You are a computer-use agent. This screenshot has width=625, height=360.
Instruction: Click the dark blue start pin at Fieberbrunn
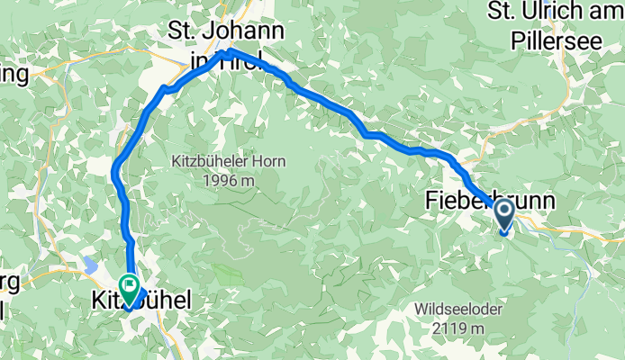coord(503,215)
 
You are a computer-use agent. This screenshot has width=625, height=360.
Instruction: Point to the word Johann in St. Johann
coord(245,32)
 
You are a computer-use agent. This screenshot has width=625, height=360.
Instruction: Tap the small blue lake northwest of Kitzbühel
coord(91,265)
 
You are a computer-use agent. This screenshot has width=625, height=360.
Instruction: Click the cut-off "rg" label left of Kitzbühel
coord(9,290)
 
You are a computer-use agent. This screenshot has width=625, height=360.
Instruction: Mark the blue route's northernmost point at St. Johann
coord(230,50)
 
